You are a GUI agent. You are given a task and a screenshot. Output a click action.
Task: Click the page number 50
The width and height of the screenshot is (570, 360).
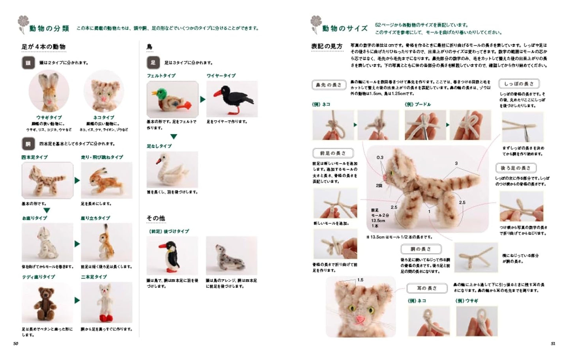[x=16, y=343]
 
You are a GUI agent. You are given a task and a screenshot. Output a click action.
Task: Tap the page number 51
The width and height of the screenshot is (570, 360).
[x=553, y=343]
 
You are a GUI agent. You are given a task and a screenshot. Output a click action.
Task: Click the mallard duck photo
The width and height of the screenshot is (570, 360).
[x=172, y=99]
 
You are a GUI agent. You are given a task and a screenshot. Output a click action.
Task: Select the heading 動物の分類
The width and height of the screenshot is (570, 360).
[x=49, y=28]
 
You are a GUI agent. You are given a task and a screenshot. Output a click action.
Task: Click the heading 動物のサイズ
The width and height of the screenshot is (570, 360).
[x=344, y=28]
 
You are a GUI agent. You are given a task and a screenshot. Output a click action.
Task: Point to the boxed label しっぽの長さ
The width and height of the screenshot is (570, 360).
[x=519, y=84]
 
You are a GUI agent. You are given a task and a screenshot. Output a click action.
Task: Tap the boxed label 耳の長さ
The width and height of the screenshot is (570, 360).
[x=427, y=289]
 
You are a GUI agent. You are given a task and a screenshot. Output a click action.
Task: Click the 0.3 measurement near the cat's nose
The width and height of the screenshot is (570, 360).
[x=379, y=157]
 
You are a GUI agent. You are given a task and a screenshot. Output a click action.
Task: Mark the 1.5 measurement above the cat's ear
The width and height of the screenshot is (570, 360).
[x=360, y=280]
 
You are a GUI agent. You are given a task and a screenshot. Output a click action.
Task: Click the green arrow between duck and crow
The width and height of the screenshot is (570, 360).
[x=202, y=99]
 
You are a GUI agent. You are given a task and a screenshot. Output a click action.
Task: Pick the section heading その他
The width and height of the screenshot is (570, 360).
[x=156, y=218]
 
